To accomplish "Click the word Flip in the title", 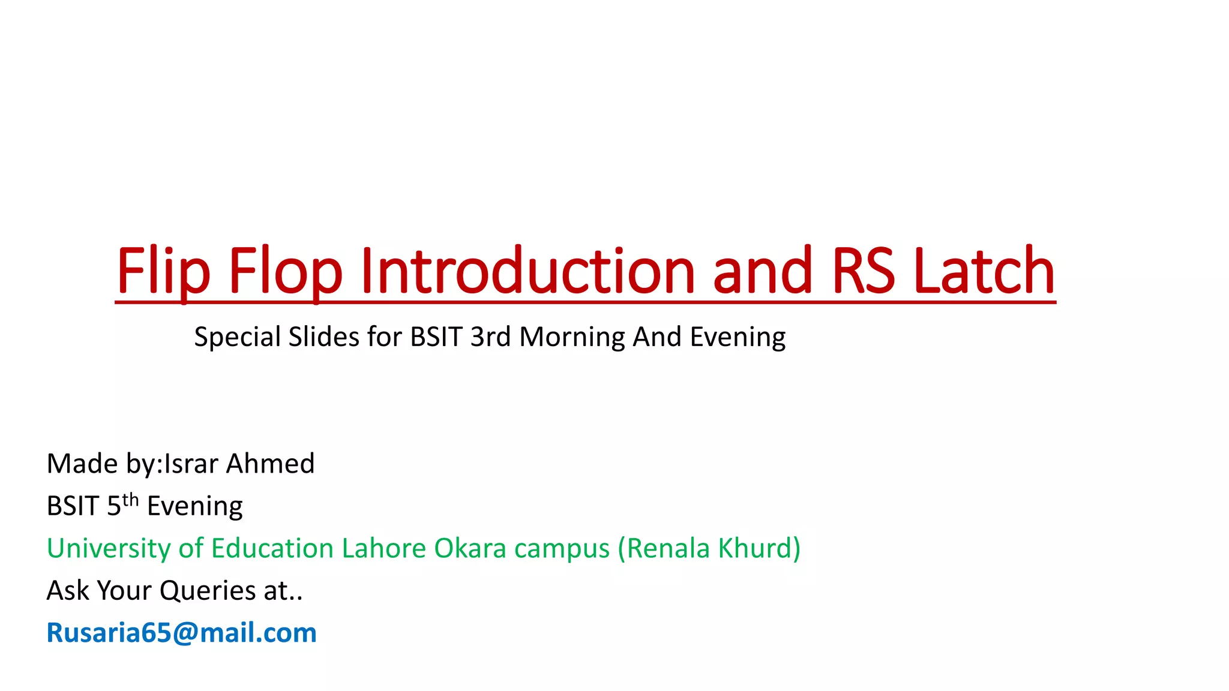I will [x=163, y=271].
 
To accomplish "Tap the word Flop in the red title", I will [x=285, y=271].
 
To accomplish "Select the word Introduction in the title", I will [x=527, y=271].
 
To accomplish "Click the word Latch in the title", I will [x=984, y=271].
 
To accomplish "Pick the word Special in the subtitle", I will [x=237, y=337].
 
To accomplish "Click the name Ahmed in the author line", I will [x=270, y=464].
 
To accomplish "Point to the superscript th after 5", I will [x=130, y=500].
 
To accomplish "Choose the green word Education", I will [x=272, y=548].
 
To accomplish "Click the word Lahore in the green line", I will [x=383, y=548].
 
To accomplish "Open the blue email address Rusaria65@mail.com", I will [x=181, y=633].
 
